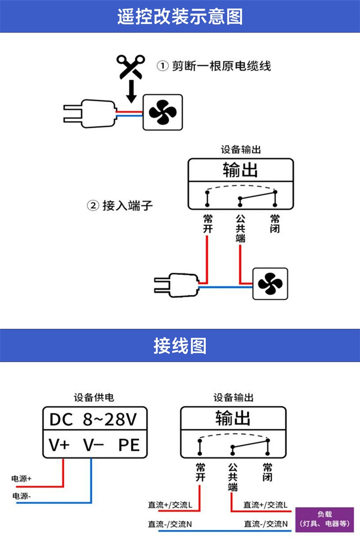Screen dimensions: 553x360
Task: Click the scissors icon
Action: (x=131, y=66)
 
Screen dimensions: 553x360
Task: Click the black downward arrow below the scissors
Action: (x=131, y=91)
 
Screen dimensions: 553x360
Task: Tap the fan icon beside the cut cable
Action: (x=163, y=112)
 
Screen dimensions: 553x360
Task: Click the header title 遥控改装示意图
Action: (x=180, y=17)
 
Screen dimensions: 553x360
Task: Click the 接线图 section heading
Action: (x=180, y=346)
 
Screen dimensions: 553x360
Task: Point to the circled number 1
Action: (x=162, y=66)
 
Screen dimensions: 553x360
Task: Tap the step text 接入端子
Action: (x=127, y=206)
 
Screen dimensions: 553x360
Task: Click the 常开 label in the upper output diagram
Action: (x=208, y=224)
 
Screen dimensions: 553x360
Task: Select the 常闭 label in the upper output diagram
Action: (x=275, y=224)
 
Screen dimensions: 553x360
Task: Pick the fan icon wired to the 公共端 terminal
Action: (x=270, y=284)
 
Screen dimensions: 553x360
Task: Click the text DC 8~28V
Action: (x=93, y=419)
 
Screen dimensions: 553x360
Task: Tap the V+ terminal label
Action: (x=59, y=445)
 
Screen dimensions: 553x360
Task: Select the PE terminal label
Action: (x=129, y=445)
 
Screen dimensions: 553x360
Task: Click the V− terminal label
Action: (x=93, y=445)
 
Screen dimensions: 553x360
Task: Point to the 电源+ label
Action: (x=21, y=478)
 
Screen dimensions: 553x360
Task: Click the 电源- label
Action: (x=21, y=496)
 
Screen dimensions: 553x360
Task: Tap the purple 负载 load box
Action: (x=324, y=519)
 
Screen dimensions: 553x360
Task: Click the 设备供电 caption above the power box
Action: (x=94, y=397)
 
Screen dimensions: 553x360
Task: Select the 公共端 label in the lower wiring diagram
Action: (x=233, y=477)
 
